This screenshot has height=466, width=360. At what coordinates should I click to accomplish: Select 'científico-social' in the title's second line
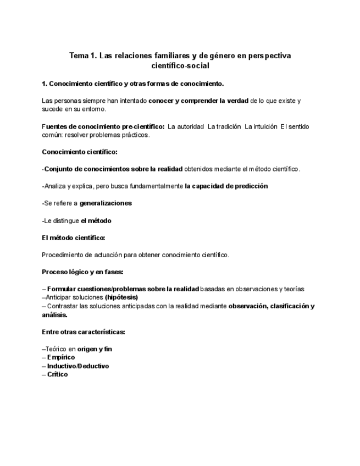[x=180, y=65]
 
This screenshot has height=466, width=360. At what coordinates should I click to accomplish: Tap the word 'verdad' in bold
[x=237, y=101]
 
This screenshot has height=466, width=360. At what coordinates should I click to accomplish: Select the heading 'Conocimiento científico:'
[x=80, y=152]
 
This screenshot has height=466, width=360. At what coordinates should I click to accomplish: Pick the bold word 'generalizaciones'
[x=106, y=203]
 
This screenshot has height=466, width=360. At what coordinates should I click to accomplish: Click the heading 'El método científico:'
[x=74, y=237]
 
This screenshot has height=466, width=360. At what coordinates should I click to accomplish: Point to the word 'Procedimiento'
[x=63, y=254]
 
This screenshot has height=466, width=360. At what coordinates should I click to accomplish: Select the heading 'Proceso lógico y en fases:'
[x=82, y=271]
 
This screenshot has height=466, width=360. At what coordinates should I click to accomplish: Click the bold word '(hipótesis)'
[x=121, y=297]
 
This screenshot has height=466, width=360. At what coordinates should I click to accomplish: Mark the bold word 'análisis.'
[x=54, y=315]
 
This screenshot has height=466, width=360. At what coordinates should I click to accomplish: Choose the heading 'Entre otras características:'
[x=84, y=332]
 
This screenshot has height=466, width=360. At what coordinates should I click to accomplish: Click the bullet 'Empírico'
[x=61, y=357]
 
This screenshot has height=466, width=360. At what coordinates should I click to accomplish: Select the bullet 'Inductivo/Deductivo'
[x=77, y=366]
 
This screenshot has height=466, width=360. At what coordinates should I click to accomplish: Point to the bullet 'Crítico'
[x=57, y=374]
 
